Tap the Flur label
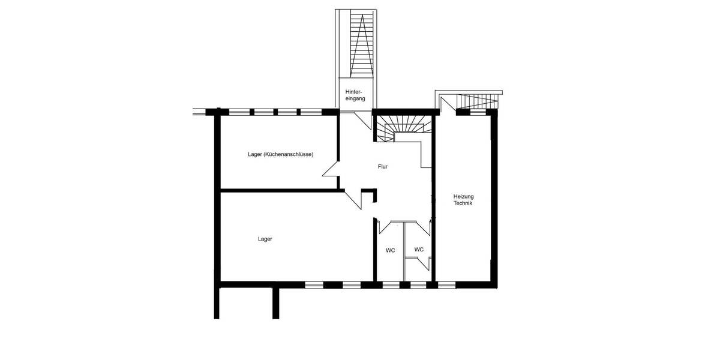[x=383, y=167]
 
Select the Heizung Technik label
[x=463, y=200]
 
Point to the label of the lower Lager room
[x=265, y=239]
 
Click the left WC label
[x=390, y=250]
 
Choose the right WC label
[x=419, y=249]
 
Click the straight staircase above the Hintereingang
[x=357, y=45]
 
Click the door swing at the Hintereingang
[x=362, y=119]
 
